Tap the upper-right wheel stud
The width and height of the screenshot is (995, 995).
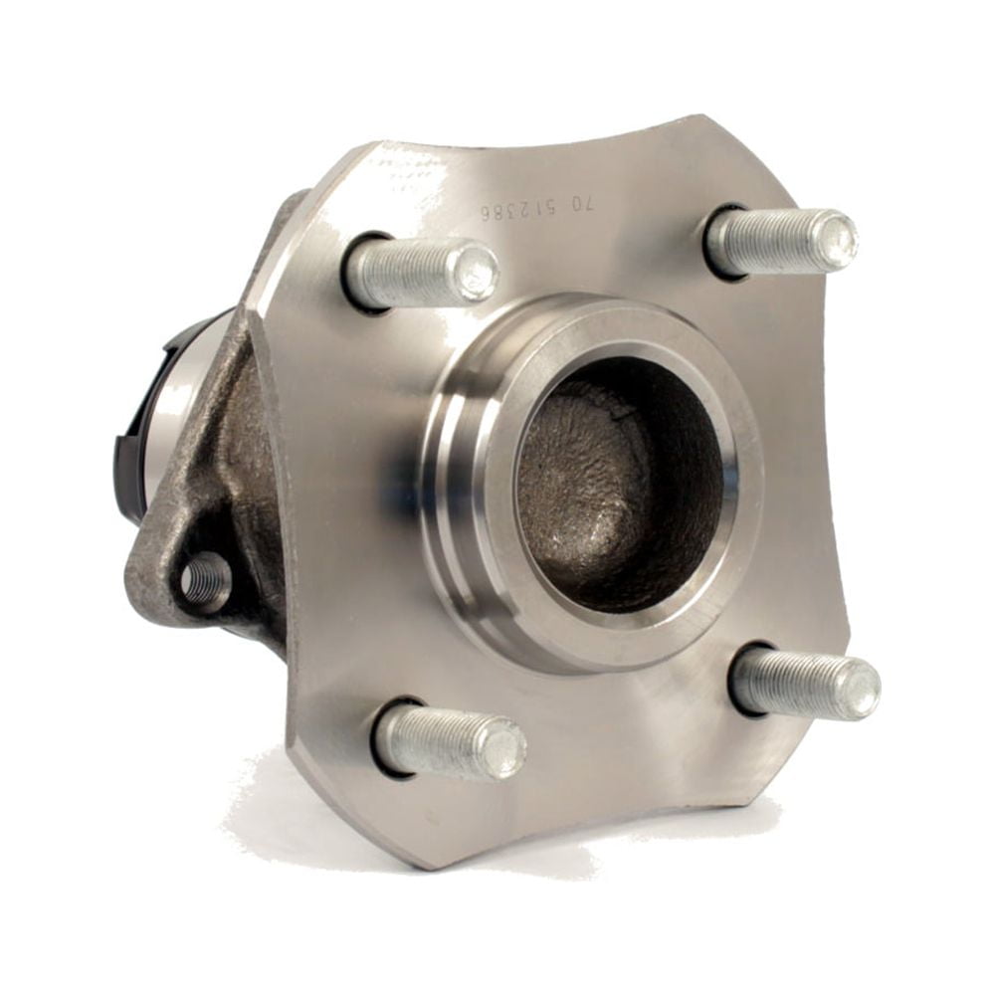click(781, 242)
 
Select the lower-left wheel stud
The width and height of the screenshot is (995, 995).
click(448, 741)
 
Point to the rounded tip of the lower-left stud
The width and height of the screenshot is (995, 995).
click(502, 748)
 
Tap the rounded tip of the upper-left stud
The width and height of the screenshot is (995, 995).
click(476, 271)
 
